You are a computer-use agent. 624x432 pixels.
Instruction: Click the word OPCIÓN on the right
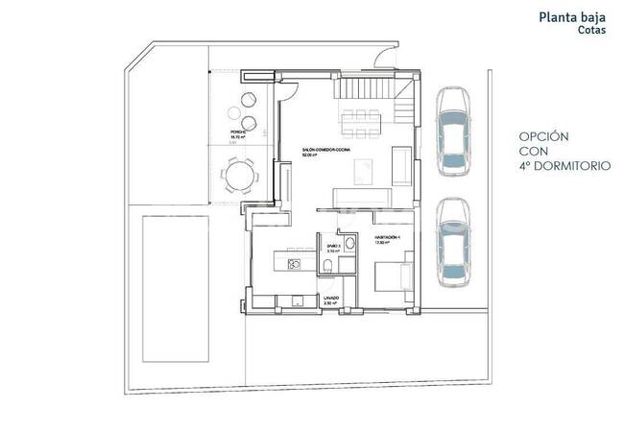[x=545, y=136]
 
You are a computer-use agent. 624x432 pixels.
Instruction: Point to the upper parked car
[x=451, y=132]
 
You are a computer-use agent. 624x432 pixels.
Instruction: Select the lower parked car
[x=451, y=242]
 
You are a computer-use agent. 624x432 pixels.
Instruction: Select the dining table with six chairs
[x=360, y=121]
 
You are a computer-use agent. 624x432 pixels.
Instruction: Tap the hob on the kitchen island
[x=296, y=260]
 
